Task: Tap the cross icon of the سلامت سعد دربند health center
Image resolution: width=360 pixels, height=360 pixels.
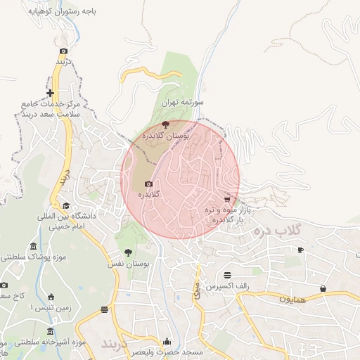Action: [x=50, y=93]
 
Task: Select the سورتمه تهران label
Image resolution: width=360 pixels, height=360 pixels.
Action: [x=182, y=103]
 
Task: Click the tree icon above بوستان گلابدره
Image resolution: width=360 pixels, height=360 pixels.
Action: [x=166, y=124]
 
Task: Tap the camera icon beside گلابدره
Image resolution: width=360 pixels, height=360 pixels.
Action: [x=148, y=184]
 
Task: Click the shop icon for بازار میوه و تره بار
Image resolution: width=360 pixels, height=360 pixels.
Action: [x=226, y=200]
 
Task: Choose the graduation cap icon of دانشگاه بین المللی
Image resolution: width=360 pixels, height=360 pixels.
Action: [x=66, y=206]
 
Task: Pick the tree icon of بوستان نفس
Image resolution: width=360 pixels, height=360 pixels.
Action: [x=128, y=252]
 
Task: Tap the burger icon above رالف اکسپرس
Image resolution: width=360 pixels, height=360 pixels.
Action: [x=227, y=276]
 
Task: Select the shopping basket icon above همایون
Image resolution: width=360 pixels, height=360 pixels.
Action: [x=323, y=288]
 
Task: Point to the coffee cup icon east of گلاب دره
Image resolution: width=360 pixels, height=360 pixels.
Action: [x=300, y=250]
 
